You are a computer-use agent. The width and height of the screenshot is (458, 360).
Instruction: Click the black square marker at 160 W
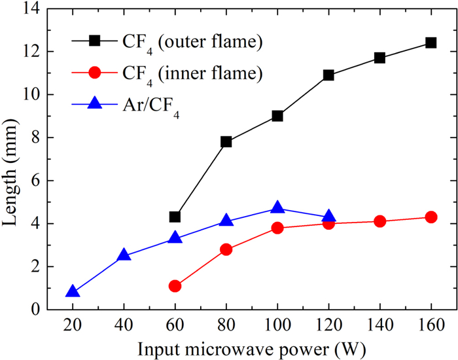tap(431, 43)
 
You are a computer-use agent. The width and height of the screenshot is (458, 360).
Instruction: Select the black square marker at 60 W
tap(175, 217)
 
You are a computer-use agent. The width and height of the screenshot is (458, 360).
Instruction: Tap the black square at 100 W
tap(277, 116)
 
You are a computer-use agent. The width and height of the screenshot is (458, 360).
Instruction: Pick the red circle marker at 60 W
tap(175, 286)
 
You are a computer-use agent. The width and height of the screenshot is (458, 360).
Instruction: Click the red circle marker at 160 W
tap(431, 217)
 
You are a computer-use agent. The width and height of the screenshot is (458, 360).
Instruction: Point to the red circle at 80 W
tap(226, 249)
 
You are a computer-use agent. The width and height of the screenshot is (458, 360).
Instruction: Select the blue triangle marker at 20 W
tap(73, 292)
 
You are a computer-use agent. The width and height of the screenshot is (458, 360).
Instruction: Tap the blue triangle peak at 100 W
tap(277, 208)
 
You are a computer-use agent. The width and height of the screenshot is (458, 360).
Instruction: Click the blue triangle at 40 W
tap(124, 255)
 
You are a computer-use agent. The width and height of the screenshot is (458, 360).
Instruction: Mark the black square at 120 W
tap(328, 75)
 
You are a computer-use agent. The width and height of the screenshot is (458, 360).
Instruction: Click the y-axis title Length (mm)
tap(14, 158)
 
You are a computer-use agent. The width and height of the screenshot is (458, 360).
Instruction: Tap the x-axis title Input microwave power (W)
tap(252, 345)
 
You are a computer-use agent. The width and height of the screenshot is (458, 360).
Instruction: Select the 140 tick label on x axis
tap(379, 323)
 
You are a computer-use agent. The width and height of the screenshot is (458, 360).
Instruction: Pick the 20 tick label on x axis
tap(73, 323)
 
